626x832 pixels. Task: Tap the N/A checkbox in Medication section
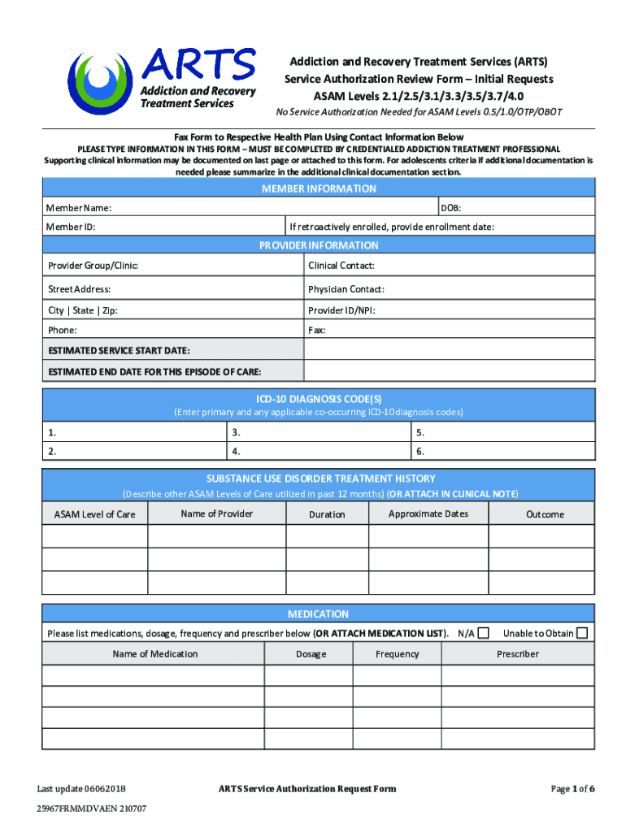[x=484, y=633]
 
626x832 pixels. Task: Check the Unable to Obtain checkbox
[x=581, y=633]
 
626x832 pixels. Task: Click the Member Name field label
[x=79, y=208]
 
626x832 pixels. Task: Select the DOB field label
[x=451, y=208]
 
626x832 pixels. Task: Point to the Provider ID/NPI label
[x=341, y=310]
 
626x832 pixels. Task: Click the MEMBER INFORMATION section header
[x=319, y=188]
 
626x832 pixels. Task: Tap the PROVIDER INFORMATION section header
[x=319, y=245]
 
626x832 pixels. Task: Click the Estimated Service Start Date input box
[x=449, y=350]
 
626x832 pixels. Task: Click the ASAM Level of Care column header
[x=94, y=514]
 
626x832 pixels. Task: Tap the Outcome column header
[x=544, y=514]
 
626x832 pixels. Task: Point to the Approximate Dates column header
[x=428, y=513]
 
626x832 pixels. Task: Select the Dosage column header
[x=311, y=654]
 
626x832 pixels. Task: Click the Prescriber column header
[x=517, y=654]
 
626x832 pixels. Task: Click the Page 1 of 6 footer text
[x=572, y=788]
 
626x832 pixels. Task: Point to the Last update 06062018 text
[x=81, y=788]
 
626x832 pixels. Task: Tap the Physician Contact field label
[x=346, y=289]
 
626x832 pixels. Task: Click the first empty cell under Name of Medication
[x=153, y=676]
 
